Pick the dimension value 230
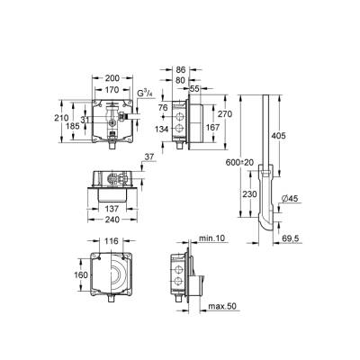pos(256,191)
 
